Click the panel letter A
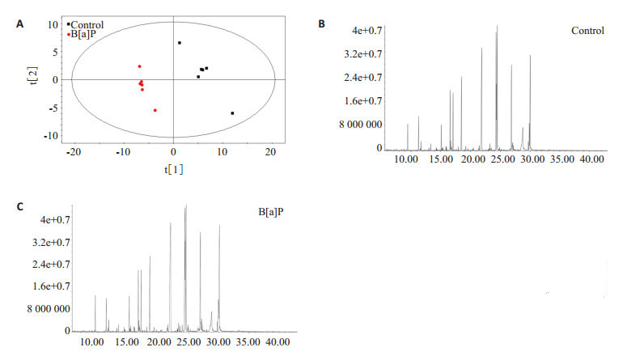pyautogui.click(x=19, y=24)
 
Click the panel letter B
pyautogui.click(x=321, y=24)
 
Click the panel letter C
pyautogui.click(x=19, y=205)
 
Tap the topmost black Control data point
pyautogui.click(x=180, y=43)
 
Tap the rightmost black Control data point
pyautogui.click(x=232, y=113)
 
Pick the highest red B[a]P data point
pyautogui.click(x=139, y=66)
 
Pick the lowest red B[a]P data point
pyautogui.click(x=155, y=110)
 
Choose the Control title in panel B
pyautogui.click(x=587, y=32)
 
